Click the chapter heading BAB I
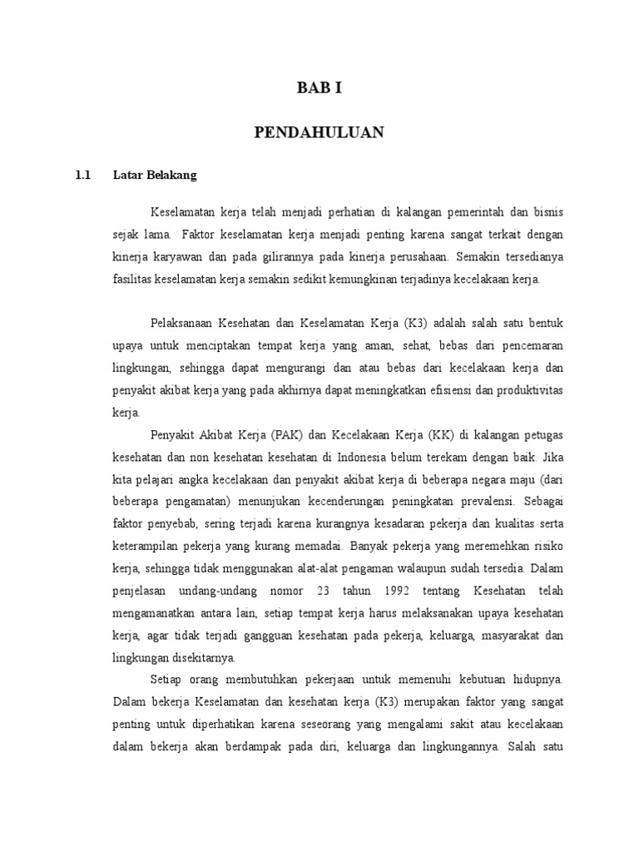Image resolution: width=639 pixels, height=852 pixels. point(319,89)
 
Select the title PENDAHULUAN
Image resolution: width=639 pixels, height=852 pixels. point(319,132)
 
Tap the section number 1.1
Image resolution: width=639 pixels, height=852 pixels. point(82,176)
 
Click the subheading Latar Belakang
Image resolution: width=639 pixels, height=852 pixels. point(154,176)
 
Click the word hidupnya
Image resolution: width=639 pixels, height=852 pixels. point(540,681)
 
